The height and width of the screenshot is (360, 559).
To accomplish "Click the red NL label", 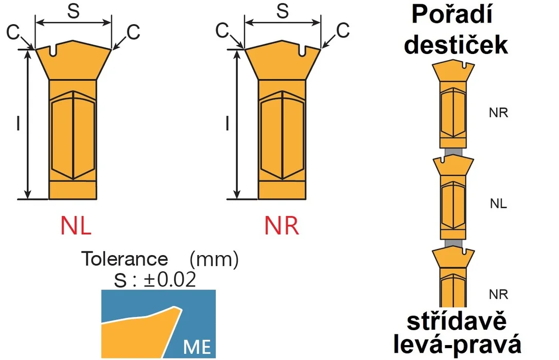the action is [76, 225].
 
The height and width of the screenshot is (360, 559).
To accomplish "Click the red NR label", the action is [282, 225].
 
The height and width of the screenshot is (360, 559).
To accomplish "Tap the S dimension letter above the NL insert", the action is [74, 11].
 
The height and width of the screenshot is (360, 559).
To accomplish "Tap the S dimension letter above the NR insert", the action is [283, 11].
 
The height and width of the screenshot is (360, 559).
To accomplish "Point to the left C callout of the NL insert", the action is [13, 32].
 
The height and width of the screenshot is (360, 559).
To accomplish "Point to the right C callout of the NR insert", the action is [343, 30].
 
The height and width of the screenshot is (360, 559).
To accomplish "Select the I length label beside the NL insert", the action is [18, 123].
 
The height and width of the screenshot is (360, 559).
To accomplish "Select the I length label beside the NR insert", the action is [228, 123].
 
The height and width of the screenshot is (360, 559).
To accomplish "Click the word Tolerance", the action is [125, 259].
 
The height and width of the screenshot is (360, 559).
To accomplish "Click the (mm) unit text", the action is [214, 259].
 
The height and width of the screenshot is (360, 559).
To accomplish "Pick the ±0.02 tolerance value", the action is [170, 280].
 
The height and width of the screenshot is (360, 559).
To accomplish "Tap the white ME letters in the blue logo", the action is [197, 347].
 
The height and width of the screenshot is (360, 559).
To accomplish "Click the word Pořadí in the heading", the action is [452, 15].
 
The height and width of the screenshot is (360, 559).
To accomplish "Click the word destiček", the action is [456, 45].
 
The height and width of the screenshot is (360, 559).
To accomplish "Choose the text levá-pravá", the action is [458, 345].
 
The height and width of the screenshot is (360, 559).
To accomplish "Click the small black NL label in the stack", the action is [498, 204].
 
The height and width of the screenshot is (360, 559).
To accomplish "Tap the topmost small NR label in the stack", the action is [498, 113].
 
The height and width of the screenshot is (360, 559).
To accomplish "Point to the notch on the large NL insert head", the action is [53, 50].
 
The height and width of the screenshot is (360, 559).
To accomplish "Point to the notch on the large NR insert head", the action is [302, 50].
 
